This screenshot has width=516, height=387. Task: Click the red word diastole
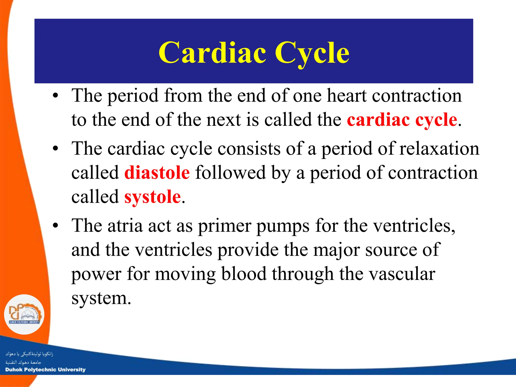(x=157, y=173)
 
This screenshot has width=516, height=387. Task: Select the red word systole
(x=152, y=197)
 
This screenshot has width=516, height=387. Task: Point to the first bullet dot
(x=55, y=96)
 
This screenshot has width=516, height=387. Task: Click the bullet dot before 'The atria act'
(x=55, y=226)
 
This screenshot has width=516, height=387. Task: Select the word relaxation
(x=439, y=148)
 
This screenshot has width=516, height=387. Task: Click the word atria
(x=125, y=225)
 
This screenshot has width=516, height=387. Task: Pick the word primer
(x=224, y=226)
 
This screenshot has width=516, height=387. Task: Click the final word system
(x=101, y=298)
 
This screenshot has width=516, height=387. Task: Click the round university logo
(x=24, y=314)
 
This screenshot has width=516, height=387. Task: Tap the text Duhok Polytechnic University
(x=45, y=370)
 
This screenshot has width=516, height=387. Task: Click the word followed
(x=230, y=173)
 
